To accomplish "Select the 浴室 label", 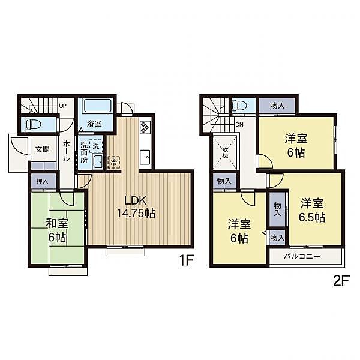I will coord(94,124).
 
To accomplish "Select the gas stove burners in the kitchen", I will coord(146,127).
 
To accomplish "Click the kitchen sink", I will coord(146,157).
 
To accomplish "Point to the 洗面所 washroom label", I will coord(85,152).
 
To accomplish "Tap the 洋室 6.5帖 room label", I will coord(313,209).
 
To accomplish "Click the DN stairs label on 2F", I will coord(240,124).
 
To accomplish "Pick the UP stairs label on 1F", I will coord(62,107).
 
